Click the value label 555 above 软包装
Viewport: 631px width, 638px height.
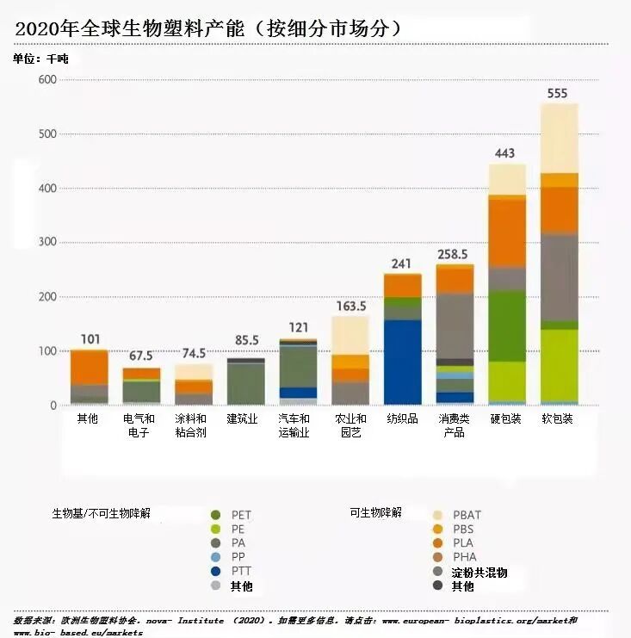pyautogui.click(x=559, y=93)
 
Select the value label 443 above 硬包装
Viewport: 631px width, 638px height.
pyautogui.click(x=506, y=153)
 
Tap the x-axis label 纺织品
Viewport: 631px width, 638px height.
pyautogui.click(x=402, y=418)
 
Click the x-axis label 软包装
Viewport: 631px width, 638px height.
pyautogui.click(x=558, y=418)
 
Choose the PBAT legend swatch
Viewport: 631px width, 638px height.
pyautogui.click(x=437, y=515)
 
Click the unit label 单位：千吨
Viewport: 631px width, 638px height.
pyautogui.click(x=40, y=59)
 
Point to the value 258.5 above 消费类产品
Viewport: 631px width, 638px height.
pyautogui.click(x=454, y=255)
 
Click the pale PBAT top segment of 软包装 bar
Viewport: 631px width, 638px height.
pyautogui.click(x=559, y=138)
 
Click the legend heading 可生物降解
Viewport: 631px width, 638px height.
pyautogui.click(x=375, y=512)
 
